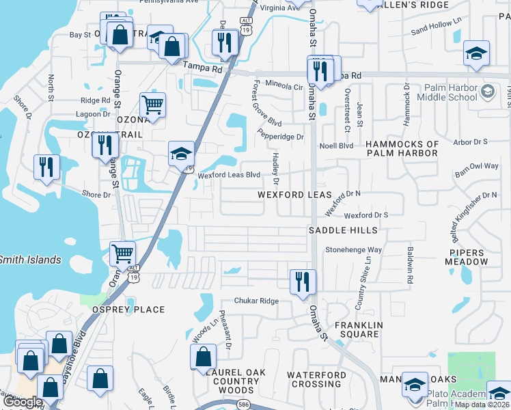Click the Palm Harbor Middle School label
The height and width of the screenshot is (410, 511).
click(450, 92)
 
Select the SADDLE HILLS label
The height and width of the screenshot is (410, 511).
click(342, 231)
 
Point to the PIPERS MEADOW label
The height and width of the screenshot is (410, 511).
click(467, 257)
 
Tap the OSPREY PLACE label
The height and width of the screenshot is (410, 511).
click(128, 310)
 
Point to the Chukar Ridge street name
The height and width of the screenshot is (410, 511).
click(256, 301)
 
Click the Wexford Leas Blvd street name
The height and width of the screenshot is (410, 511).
click(229, 175)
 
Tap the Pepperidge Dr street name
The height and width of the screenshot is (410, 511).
click(281, 137)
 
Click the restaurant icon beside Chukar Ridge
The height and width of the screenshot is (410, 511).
click(302, 281)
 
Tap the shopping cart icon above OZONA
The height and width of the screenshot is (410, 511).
click(152, 105)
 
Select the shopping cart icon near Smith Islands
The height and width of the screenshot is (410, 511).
click(122, 254)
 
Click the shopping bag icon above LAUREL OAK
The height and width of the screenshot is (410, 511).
click(203, 356)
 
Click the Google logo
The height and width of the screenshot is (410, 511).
click(23, 402)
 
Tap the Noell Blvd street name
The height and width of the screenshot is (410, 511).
click(336, 146)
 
